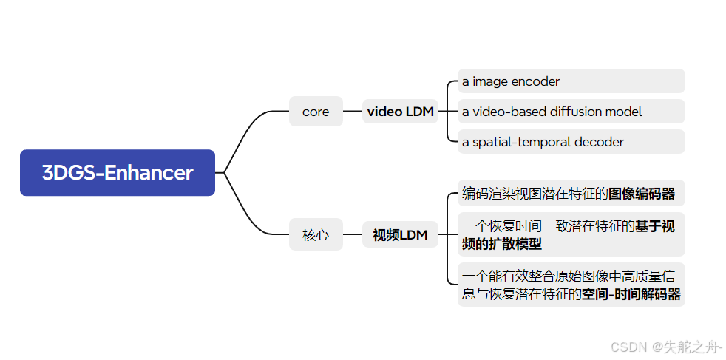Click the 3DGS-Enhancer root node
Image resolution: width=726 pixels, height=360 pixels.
click(x=118, y=173)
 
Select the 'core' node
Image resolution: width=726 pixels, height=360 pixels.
click(x=316, y=112)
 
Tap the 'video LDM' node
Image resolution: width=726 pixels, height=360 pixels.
click(x=401, y=112)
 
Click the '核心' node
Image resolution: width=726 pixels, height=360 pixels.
click(x=316, y=236)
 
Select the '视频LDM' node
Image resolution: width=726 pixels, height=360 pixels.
click(x=400, y=236)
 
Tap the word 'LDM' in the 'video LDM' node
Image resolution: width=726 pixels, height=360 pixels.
click(x=420, y=112)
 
